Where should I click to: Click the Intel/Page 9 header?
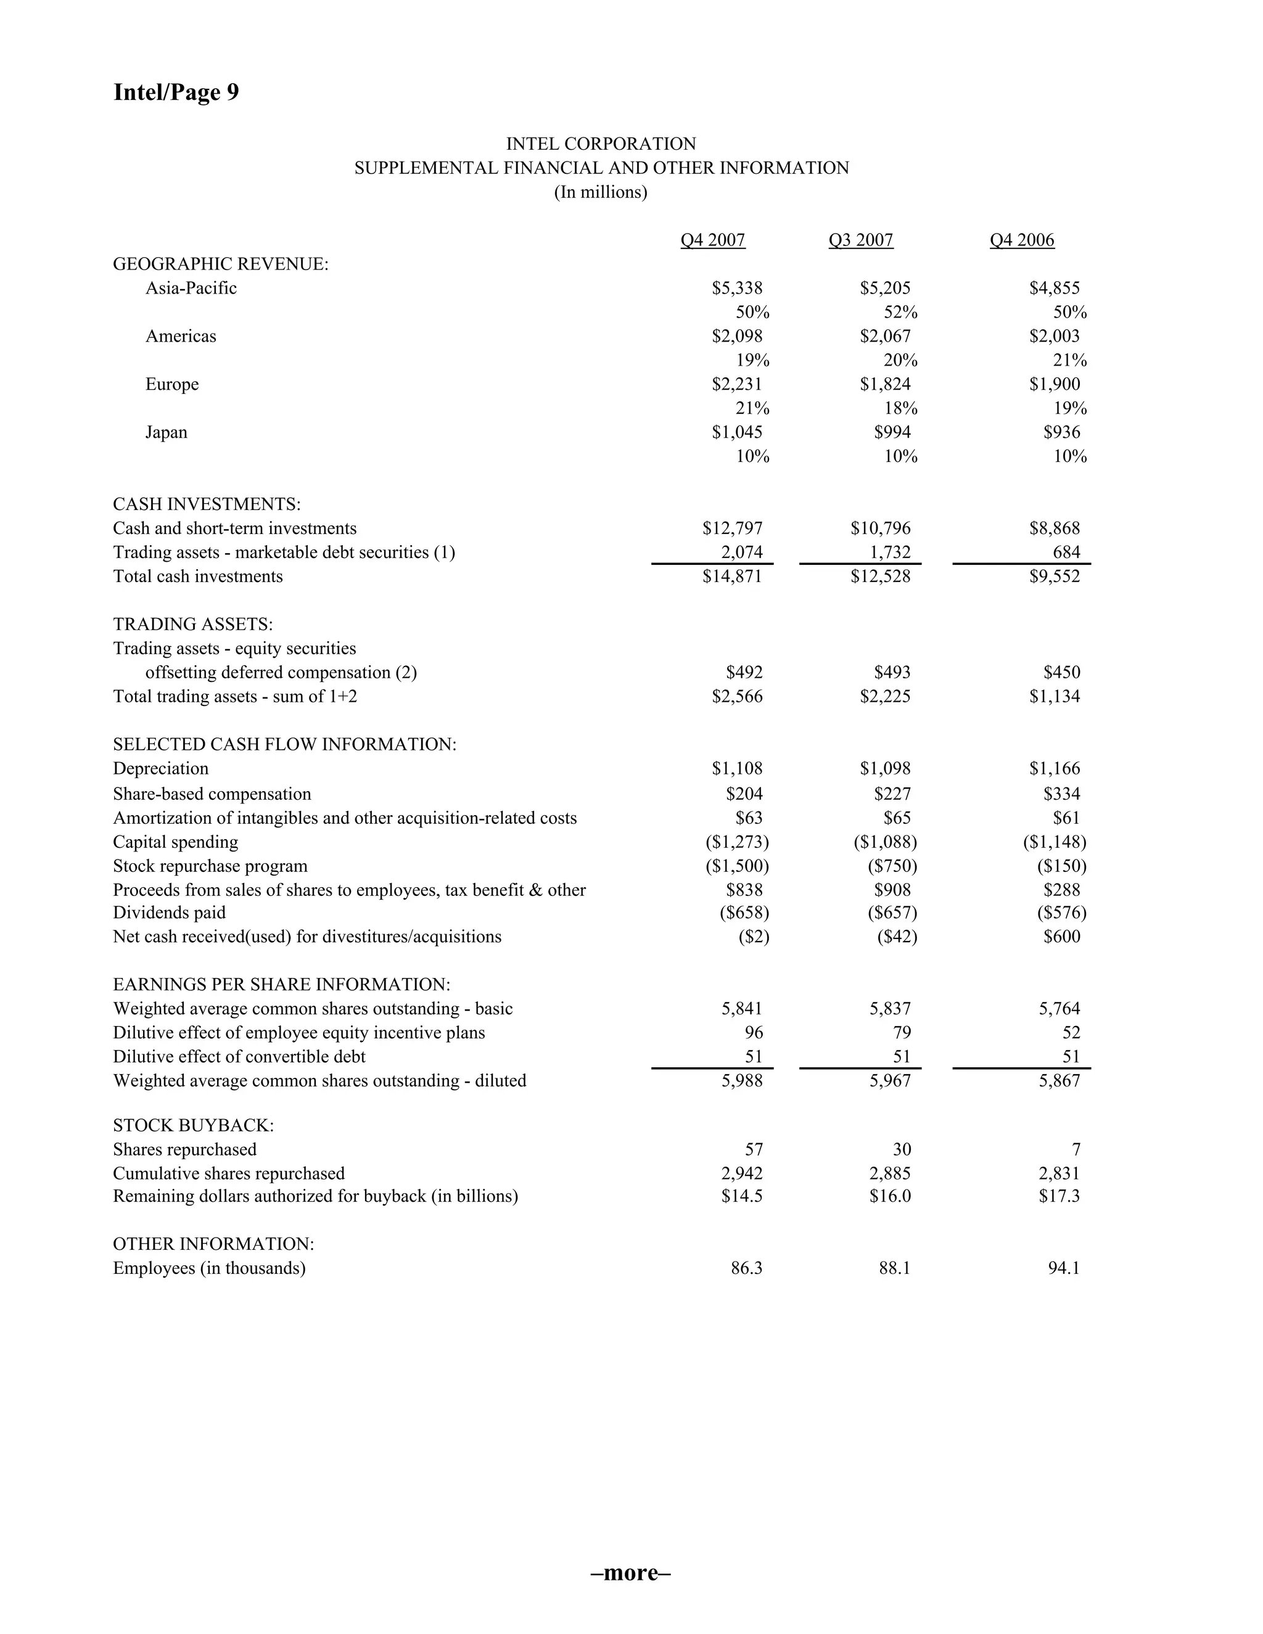176,92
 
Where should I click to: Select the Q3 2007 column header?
860,240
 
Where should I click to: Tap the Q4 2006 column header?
1021,240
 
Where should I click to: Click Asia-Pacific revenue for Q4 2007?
737,288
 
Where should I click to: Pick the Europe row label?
172,385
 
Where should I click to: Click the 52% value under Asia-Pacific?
900,312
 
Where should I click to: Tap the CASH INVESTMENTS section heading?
207,504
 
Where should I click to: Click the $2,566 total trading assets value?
737,697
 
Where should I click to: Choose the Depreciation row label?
161,768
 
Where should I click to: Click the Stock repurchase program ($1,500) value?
737,866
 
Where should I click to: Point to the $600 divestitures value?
1062,937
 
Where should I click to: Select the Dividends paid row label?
169,913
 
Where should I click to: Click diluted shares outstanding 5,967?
890,1080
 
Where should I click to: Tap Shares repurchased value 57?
754,1149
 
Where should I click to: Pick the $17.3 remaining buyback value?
1059,1196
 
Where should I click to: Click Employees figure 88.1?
894,1268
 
